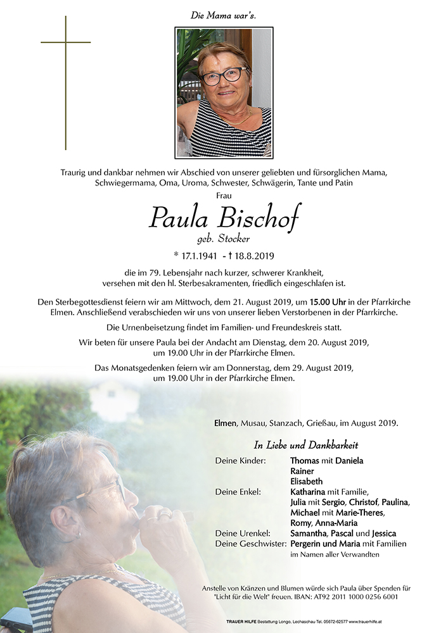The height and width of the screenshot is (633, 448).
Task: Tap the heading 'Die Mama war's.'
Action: [x=223, y=15]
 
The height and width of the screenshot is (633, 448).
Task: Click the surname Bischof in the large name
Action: [x=259, y=218]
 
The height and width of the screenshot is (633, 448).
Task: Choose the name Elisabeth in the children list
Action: [x=306, y=481]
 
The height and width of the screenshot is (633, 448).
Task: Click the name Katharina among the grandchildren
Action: [x=307, y=491]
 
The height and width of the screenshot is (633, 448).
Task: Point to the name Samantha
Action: [x=307, y=533]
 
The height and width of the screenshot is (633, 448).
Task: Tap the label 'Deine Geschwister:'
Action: [x=250, y=543]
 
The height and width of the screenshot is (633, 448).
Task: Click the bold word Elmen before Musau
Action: [x=225, y=423]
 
